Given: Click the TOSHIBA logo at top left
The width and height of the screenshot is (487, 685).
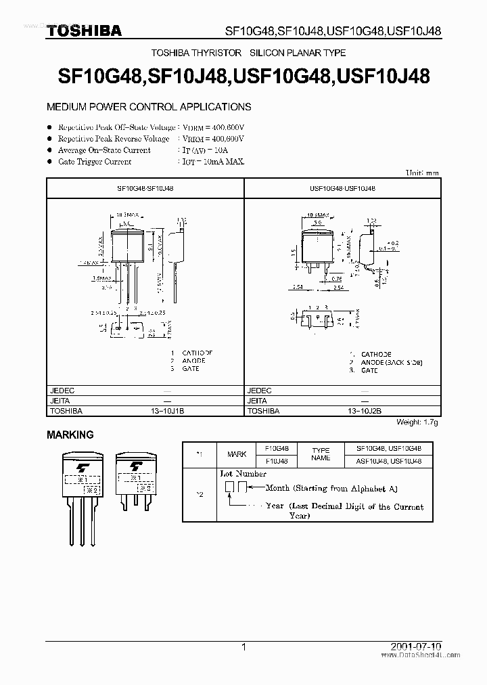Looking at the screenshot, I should tap(84, 30).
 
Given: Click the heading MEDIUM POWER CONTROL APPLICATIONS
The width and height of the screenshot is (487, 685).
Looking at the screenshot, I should tap(148, 107).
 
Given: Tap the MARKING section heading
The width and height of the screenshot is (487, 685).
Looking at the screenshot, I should tap(70, 435).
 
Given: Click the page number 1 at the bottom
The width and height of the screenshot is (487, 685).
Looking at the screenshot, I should tap(243, 647).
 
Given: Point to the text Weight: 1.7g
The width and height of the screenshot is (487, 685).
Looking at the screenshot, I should tap(417, 422).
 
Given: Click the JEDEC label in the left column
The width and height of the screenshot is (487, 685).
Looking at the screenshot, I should tap(62, 391).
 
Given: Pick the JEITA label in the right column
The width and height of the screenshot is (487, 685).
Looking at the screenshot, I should tap(258, 401).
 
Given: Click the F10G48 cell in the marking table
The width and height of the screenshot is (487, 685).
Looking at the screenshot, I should tap(277, 449).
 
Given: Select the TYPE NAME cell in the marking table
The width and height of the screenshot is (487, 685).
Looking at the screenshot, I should tap(321, 454).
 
